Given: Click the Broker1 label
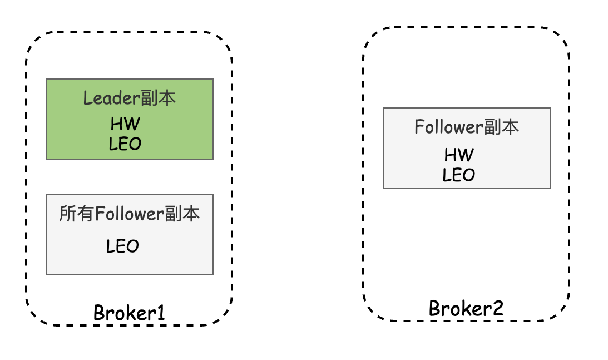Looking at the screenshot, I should click(x=129, y=312).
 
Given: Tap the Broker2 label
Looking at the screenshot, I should click(x=466, y=308).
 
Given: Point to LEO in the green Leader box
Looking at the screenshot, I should click(x=125, y=144).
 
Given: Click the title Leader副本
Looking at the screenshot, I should click(x=129, y=98).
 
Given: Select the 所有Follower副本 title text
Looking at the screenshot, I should click(x=129, y=214).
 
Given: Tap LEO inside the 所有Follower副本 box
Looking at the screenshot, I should click(x=122, y=245).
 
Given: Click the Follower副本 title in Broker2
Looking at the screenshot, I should click(x=466, y=127).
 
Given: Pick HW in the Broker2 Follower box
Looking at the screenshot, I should click(x=459, y=155).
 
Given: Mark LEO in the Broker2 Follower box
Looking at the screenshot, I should click(x=459, y=175).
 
